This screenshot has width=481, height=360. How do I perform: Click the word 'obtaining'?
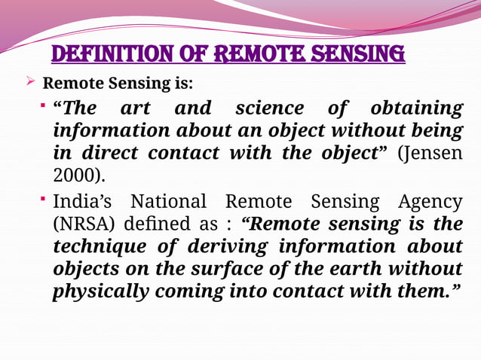(x=417, y=108)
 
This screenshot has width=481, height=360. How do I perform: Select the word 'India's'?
(x=84, y=201)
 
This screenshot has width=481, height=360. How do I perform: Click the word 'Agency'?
(x=424, y=201)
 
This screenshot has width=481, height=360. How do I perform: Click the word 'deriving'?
(x=226, y=246)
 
